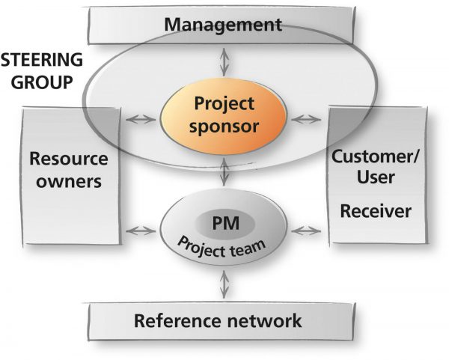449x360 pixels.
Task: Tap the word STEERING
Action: coord(41,60)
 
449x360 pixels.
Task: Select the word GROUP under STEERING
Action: coord(41,82)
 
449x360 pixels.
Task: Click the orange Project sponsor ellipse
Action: coord(224,116)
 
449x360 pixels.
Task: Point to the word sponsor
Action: coord(224,126)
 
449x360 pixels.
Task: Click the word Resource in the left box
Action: coord(69,159)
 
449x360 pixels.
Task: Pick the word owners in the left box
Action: coord(69,181)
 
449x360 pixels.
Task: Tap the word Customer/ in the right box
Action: coord(375,157)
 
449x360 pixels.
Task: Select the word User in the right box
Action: coord(376,177)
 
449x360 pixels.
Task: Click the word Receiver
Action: coord(376,211)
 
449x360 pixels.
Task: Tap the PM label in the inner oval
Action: coord(226,223)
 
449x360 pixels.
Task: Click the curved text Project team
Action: coord(222,248)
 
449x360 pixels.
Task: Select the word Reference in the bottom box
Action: coord(177,320)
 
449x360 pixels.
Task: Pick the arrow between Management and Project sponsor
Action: coord(224,62)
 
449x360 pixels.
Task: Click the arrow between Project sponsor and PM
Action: coord(224,172)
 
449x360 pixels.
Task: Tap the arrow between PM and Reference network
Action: coord(224,284)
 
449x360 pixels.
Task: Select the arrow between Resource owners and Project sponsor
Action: coord(141,119)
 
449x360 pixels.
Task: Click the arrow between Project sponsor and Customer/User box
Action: coord(306,119)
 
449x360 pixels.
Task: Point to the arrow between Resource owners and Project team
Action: coord(141,231)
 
